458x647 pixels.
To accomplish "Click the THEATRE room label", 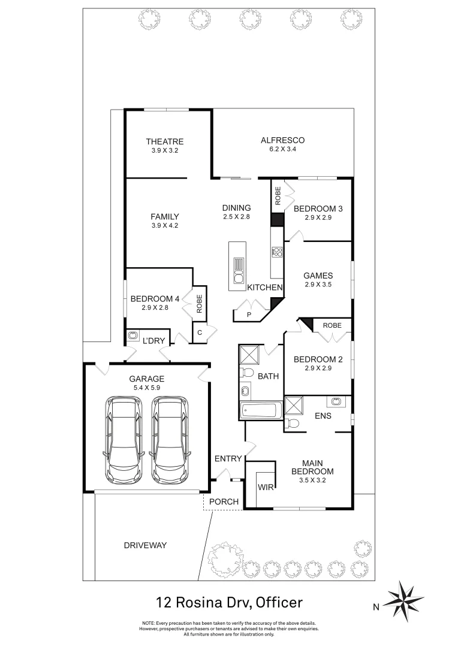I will tap(165, 141).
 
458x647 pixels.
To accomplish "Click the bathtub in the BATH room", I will tap(260, 411).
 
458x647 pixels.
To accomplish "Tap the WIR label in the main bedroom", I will tap(266, 488).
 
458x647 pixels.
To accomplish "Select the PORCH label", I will tap(224, 501).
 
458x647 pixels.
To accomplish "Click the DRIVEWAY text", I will tap(145, 545).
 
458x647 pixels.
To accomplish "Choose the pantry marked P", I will tap(248, 313).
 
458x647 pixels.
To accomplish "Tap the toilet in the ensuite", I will tap(292, 423).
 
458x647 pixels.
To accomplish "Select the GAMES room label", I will tap(318, 276).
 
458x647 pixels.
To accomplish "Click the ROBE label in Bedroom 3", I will tap(278, 196).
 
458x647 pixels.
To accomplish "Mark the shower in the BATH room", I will tap(249, 356).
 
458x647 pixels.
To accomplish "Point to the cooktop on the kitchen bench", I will tap(276, 252).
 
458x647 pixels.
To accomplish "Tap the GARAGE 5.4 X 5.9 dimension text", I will tap(146, 388).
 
